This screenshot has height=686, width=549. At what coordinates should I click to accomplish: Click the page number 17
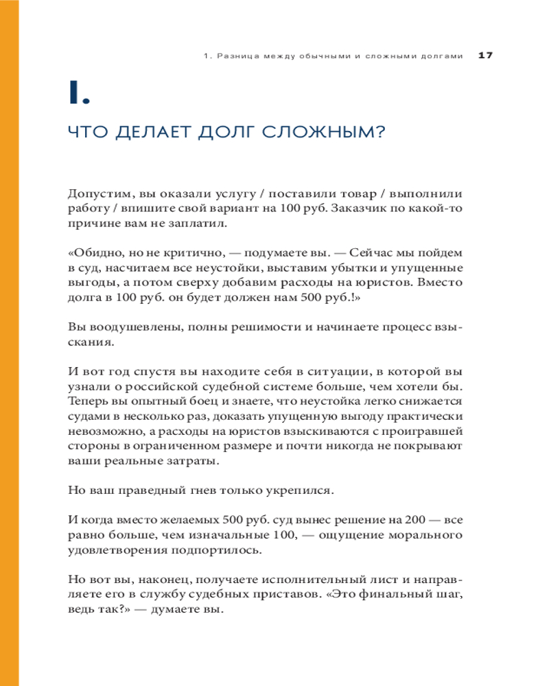click(x=485, y=56)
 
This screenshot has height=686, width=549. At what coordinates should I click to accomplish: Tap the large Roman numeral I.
click(x=79, y=93)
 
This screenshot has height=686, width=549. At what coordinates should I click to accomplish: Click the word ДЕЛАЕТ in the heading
click(x=141, y=132)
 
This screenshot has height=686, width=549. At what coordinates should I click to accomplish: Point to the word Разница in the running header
click(x=237, y=56)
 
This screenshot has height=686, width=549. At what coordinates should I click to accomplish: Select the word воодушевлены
click(x=128, y=327)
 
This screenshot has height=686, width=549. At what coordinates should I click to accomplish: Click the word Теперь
click(x=87, y=401)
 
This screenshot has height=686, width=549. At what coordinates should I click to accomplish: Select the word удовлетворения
click(x=116, y=549)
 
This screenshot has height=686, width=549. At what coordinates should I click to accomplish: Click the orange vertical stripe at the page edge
click(x=9, y=343)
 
